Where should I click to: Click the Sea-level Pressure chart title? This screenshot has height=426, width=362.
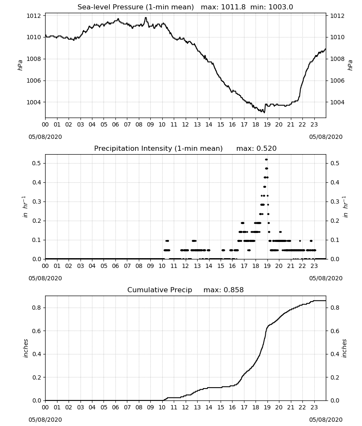point(185,7)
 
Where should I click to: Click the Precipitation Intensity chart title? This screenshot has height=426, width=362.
point(185,148)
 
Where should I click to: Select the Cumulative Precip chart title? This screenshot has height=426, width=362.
point(185,290)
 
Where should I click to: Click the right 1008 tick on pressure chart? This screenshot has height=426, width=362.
point(337,59)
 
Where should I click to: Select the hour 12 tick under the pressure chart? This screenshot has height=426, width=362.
point(186,125)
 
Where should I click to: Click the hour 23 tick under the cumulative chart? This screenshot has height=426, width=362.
point(314,408)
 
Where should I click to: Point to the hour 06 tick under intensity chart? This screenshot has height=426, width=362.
point(115,266)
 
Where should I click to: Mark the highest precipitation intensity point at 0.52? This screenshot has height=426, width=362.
point(267,159)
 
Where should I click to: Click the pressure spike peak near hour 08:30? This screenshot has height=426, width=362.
point(146,17)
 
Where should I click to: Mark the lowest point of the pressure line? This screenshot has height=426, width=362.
point(264,112)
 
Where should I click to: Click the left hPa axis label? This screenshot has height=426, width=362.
point(20,65)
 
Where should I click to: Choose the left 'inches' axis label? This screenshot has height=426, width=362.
point(26,348)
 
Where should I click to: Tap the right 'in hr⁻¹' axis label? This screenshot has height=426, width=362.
point(345,207)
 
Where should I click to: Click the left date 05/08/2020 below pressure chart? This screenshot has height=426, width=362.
point(45,137)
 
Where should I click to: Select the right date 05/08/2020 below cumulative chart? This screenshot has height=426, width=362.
point(326,420)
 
